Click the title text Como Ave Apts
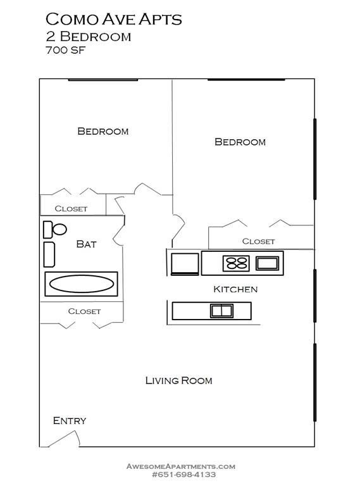pyautogui.click(x=113, y=19)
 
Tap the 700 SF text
pyautogui.click(x=66, y=50)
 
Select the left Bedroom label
pyautogui.click(x=102, y=132)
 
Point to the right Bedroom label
pyautogui.click(x=240, y=142)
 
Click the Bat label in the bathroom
pyautogui.click(x=86, y=244)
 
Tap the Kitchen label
pyautogui.click(x=235, y=289)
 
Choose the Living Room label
pyautogui.click(x=178, y=380)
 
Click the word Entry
pyautogui.click(x=70, y=421)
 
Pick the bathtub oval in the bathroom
pyautogui.click(x=81, y=284)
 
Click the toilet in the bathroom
pyautogui.click(x=56, y=229)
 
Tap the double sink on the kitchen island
pyautogui.click(x=220, y=310)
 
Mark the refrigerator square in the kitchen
pyautogui.click(x=185, y=263)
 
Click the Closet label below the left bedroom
pyautogui.click(x=71, y=209)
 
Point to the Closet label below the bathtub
pyautogui.click(x=84, y=311)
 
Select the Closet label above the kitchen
pyautogui.click(x=259, y=241)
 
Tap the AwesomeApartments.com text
pyautogui.click(x=181, y=466)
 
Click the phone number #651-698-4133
pyautogui.click(x=184, y=475)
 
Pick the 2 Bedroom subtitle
pyautogui.click(x=88, y=36)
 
